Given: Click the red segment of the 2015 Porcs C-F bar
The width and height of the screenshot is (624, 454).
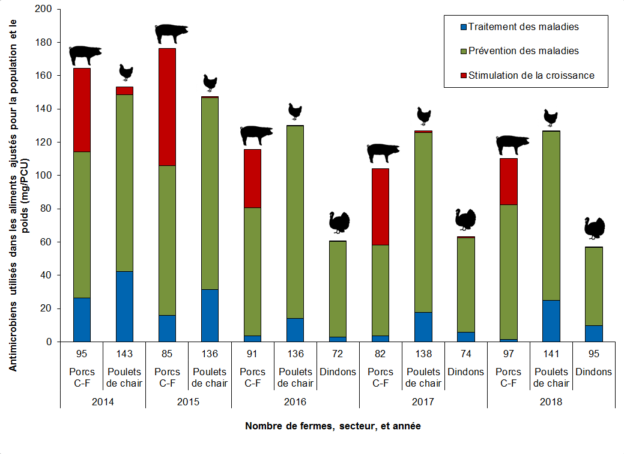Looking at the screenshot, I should point(167,106).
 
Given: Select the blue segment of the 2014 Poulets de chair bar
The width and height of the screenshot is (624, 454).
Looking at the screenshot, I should point(124,306).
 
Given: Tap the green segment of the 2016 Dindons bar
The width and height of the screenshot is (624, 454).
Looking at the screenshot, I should point(338,289).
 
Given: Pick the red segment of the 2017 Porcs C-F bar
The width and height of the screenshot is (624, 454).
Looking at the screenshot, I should point(380,206).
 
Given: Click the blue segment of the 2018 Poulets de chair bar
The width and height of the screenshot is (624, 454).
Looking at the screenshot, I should point(551,321).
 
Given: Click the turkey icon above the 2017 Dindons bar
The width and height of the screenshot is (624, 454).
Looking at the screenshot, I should point(465,219).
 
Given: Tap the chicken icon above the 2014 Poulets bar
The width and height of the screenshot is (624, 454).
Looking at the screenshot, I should point(126,72).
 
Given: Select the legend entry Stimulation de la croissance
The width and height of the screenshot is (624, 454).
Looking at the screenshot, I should point(531,75).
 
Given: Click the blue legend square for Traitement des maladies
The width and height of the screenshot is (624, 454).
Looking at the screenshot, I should point(463,27).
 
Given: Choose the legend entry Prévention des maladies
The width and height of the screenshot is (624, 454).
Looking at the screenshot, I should point(523,51).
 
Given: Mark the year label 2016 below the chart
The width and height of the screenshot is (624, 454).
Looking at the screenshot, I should point(295,402).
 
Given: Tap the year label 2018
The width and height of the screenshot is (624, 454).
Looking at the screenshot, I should point(551,402).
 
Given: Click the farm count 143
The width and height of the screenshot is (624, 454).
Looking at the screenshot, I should point(124,354).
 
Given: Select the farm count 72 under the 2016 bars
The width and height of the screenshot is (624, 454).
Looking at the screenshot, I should point(338,354).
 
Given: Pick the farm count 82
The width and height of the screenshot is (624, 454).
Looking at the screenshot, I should point(380,354).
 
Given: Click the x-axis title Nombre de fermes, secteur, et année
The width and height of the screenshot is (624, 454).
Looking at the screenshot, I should point(333,426).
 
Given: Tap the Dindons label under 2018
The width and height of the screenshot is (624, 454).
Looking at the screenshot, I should point(593,372).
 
